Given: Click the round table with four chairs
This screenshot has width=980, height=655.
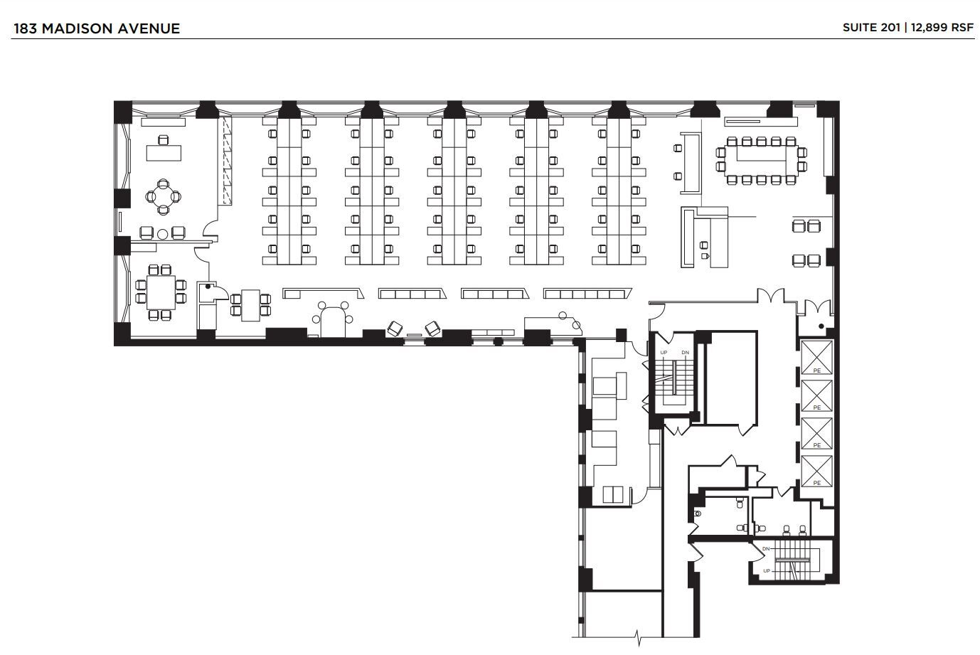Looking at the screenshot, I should tap(164, 197).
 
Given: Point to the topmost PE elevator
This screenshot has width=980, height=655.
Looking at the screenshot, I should tap(816, 357).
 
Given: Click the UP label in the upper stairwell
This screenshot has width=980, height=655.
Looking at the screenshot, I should tap(664, 353).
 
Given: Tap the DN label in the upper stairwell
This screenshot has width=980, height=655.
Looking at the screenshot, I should tap(685, 353).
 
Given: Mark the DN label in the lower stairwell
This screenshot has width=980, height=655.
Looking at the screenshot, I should tap(766, 549).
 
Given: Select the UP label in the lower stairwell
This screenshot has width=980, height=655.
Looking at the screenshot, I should tap(766, 571).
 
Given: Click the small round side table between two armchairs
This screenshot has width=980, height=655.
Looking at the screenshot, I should tap(162, 233).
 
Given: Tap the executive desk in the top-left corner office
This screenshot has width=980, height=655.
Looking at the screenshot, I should tap(164, 152).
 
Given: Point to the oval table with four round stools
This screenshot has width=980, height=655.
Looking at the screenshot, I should tap(334, 319).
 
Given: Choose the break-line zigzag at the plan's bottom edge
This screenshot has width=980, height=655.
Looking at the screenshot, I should tap(638, 634).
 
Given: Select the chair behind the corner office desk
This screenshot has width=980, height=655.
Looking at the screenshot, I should tap(164, 139).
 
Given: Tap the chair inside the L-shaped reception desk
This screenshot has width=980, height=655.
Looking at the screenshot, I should tap(705, 245).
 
